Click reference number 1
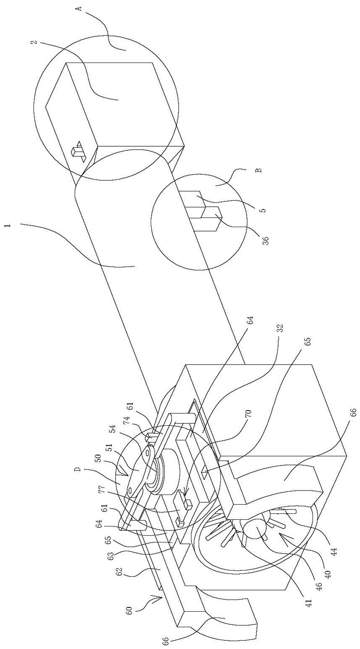10,225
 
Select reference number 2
34,42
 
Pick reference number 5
263,210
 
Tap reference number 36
266,240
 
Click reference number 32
280,328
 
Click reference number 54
112,429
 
